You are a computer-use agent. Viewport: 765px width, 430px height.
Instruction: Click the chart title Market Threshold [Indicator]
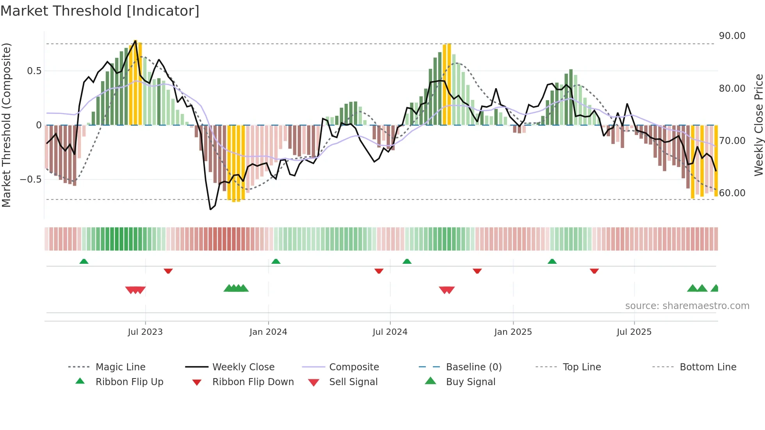click(100, 11)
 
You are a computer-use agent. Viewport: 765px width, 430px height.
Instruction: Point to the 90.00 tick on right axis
click(732, 36)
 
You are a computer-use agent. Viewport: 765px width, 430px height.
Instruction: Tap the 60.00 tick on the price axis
click(732, 193)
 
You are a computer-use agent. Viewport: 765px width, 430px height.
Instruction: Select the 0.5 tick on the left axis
click(34, 71)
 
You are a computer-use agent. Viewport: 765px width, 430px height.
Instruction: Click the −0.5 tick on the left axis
click(31, 179)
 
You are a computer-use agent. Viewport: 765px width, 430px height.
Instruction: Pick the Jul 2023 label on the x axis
click(145, 332)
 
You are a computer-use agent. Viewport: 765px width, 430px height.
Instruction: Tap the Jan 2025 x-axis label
click(513, 332)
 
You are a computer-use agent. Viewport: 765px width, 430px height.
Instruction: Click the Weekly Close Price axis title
click(758, 125)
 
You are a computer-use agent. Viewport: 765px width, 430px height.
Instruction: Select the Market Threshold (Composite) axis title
click(6, 125)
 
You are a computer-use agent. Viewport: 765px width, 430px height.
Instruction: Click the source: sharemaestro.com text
click(687, 306)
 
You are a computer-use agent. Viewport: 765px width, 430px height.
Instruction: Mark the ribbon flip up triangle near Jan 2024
click(276, 261)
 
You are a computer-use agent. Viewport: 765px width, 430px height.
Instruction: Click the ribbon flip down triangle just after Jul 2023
click(168, 271)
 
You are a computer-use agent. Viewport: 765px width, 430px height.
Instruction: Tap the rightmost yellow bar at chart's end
click(716, 161)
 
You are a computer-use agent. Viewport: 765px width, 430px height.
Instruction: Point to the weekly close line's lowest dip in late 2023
click(211, 210)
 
